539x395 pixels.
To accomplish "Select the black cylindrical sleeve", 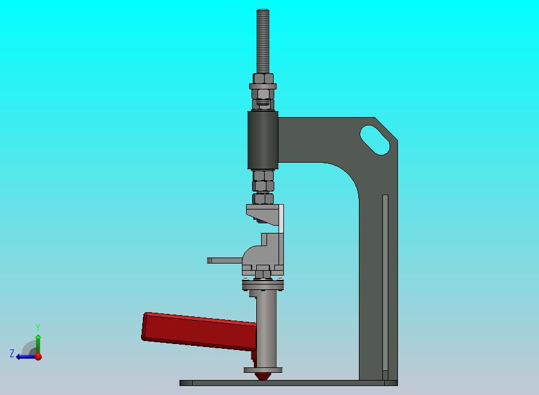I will click(x=263, y=140).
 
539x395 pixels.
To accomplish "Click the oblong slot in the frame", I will click(x=375, y=140).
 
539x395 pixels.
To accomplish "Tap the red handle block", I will click(x=198, y=330).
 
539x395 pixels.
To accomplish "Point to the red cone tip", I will click(x=262, y=376).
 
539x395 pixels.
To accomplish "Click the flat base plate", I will click(x=288, y=382).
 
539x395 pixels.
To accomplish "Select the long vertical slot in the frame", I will click(x=385, y=282).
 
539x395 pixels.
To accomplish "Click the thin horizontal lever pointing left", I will click(x=224, y=261).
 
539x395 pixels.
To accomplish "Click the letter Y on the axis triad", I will click(x=38, y=328).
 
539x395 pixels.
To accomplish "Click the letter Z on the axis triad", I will click(x=11, y=354).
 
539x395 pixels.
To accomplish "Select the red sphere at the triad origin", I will click(x=38, y=357).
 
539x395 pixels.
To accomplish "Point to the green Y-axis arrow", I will click(x=38, y=343).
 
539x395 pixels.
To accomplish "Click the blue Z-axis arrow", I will click(x=24, y=357).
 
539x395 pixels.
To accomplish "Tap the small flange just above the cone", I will click(x=263, y=370).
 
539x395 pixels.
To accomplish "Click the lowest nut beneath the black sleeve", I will click(x=263, y=199).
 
